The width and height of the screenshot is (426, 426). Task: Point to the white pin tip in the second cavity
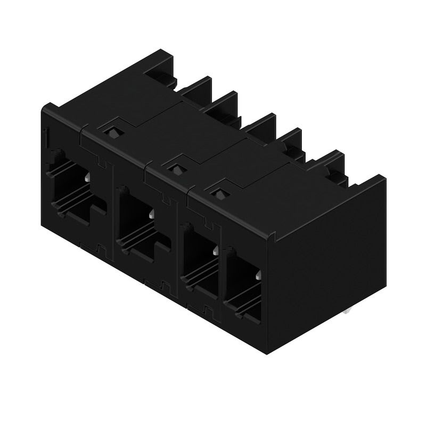(x=152, y=214)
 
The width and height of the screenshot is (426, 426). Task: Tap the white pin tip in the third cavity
(x=215, y=250)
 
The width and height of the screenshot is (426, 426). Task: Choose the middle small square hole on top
(x=174, y=169)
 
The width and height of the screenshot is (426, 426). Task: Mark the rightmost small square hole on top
(x=218, y=193)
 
